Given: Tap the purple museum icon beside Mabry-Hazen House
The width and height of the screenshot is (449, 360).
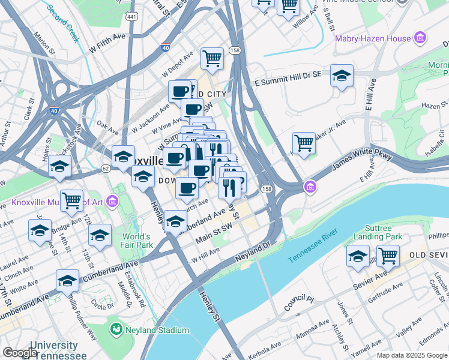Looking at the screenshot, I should pyautogui.click(x=420, y=39).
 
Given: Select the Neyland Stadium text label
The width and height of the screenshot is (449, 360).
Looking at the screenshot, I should pyautogui.click(x=157, y=330).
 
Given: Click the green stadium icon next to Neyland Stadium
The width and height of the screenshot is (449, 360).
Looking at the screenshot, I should pyautogui.click(x=116, y=329).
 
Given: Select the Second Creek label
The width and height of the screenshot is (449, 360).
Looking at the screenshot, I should pyautogui.click(x=63, y=23).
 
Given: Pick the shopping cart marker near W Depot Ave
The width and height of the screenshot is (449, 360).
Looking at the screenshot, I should pyautogui.click(x=212, y=59).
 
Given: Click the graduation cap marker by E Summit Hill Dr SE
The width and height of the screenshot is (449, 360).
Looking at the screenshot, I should pyautogui.click(x=342, y=76).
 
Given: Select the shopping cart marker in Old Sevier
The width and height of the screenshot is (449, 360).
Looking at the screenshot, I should pyautogui.click(x=388, y=256).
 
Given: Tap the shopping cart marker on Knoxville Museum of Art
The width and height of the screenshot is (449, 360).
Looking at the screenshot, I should pyautogui.click(x=72, y=200).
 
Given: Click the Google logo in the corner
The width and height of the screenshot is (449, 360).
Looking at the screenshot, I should pyautogui.click(x=20, y=353).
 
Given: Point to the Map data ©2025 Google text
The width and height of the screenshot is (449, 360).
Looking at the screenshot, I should pyautogui.click(x=412, y=355).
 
